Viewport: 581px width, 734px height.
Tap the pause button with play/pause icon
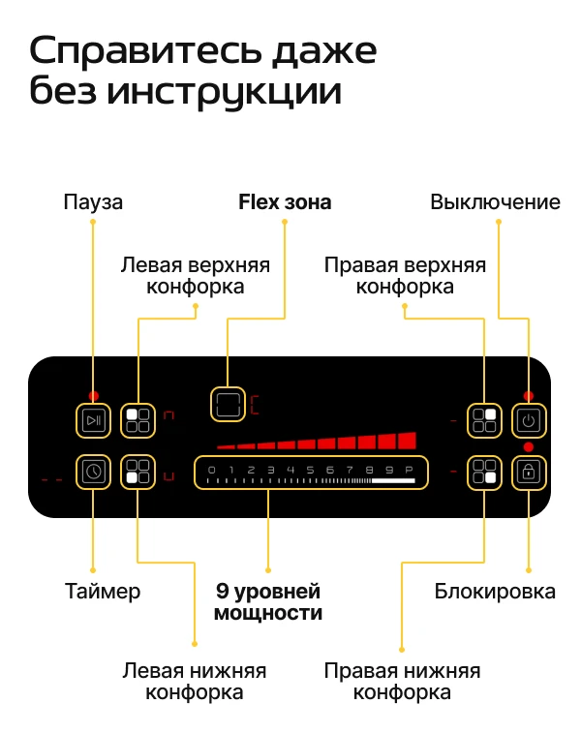click(94, 420)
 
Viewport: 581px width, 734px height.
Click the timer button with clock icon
click(94, 472)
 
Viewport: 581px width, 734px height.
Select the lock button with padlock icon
click(529, 472)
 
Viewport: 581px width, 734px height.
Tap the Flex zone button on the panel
click(228, 404)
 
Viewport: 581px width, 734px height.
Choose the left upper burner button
click(138, 420)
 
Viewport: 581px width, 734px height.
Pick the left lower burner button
click(138, 472)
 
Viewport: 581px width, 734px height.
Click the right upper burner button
click(484, 420)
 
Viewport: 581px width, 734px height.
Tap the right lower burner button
click(484, 472)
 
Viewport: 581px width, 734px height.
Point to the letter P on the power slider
click(409, 470)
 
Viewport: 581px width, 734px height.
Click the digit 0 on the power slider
click(212, 470)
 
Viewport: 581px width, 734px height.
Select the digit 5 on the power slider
click(310, 470)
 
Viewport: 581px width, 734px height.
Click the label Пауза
click(93, 202)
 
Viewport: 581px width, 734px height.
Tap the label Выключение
click(496, 202)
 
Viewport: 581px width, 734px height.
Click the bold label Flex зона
click(285, 202)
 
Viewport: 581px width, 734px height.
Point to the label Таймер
click(103, 592)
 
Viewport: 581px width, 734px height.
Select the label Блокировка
click(495, 592)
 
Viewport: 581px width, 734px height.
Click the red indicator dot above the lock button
click(529, 447)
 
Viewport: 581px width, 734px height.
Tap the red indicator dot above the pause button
click(94, 396)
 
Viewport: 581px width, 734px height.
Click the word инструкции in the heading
click(225, 91)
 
